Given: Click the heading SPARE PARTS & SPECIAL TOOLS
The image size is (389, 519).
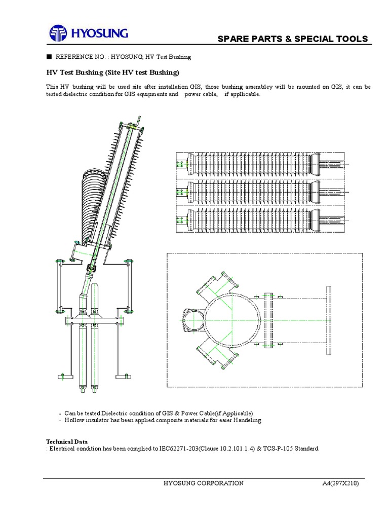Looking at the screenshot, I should click(292, 40).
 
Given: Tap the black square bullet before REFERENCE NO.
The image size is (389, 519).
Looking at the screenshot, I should click(49, 57).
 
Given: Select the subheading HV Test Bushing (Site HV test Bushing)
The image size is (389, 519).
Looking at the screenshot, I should click(113, 73).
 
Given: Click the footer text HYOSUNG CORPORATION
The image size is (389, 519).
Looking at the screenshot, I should click(203, 483).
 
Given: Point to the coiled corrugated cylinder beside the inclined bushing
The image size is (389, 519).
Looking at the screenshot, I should click(92, 203).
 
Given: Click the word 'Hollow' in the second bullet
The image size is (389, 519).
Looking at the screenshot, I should click(74, 420).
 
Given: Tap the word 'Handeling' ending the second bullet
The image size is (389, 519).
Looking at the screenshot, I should click(246, 420).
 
